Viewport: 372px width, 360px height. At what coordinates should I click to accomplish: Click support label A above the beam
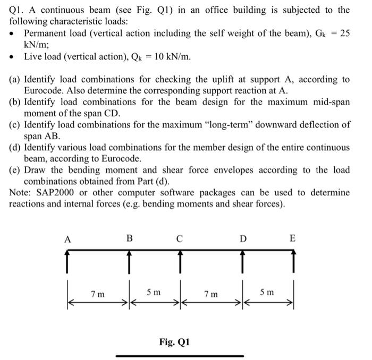coord(67,239)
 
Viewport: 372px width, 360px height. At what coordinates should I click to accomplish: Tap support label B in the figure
coord(129,238)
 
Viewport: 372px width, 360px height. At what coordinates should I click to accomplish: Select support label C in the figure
coord(180,239)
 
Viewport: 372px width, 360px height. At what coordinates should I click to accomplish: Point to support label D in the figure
coord(243,239)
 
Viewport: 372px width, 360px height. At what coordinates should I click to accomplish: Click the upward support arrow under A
coord(67,261)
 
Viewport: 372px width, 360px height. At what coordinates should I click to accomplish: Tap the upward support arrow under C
coord(180,261)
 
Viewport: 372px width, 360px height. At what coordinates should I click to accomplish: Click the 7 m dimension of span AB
coord(98,294)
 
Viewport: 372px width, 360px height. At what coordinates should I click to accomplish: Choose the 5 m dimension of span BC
coord(154,292)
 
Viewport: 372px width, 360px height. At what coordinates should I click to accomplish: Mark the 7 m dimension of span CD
coord(211,294)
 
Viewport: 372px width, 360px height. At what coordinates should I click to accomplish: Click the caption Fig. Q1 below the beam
coord(174,342)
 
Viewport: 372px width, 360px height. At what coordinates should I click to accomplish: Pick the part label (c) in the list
coord(15,125)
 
